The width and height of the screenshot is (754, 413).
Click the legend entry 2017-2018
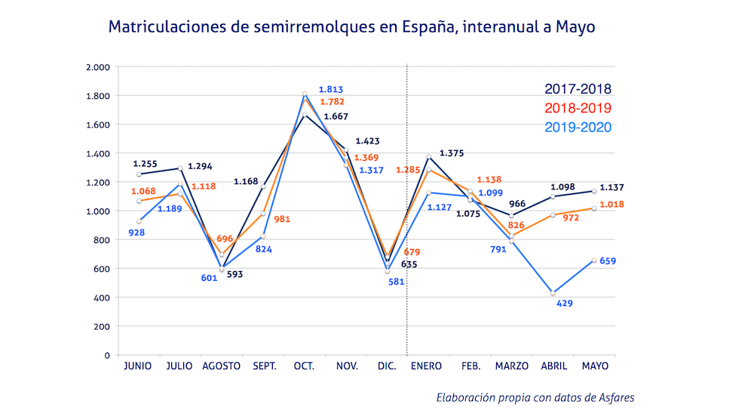pos(578,89)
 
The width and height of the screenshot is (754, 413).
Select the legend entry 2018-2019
pos(578,108)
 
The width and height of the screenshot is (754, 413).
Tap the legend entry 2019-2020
pos(578,127)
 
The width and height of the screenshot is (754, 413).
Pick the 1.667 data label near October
pos(336,116)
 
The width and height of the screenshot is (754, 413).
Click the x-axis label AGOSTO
pos(222,366)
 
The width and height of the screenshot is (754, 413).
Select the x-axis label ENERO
pos(427,366)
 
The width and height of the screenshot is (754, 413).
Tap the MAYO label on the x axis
pos(595,366)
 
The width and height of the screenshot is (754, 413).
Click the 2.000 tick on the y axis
pos(98,67)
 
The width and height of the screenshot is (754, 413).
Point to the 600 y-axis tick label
pos(103,269)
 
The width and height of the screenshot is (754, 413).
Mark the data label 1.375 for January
pos(451,153)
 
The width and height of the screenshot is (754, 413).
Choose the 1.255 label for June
pos(145,163)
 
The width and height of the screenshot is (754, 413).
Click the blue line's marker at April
pos(553,293)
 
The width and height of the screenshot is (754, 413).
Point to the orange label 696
pos(225,239)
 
